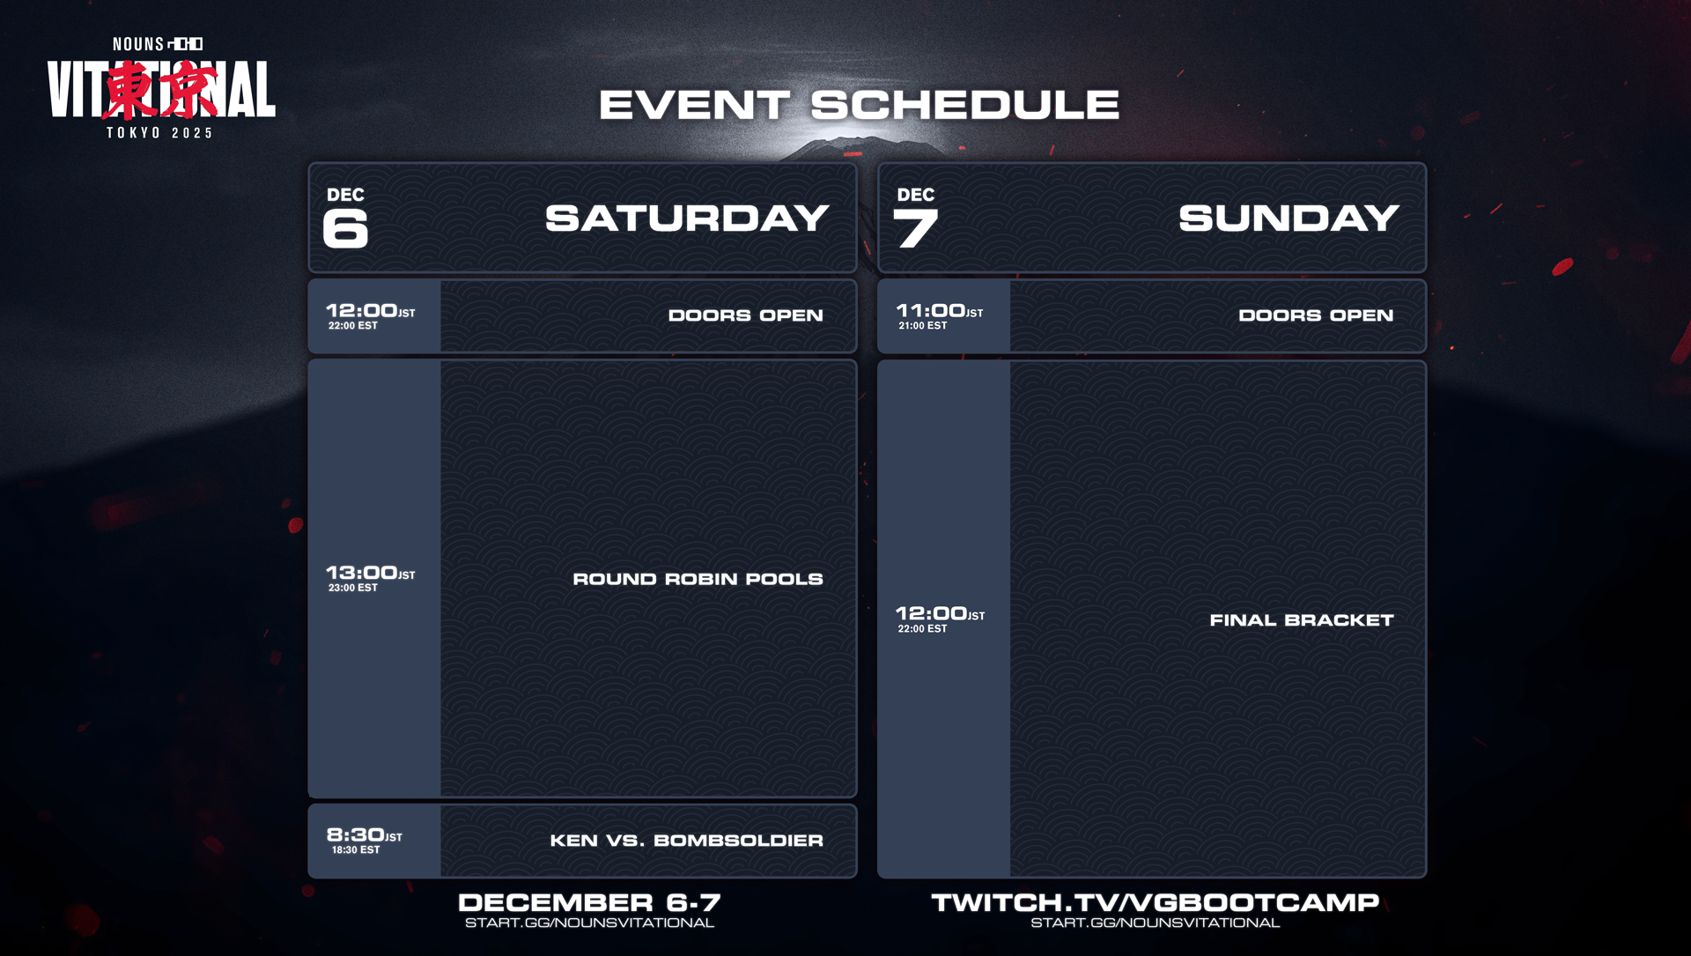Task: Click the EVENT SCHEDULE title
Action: pyautogui.click(x=859, y=105)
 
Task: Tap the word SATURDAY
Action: pyautogui.click(x=687, y=219)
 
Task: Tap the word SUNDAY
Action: pyautogui.click(x=1289, y=219)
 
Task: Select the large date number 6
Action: pyautogui.click(x=345, y=228)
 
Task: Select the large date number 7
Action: pyautogui.click(x=916, y=228)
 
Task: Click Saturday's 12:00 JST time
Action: pyautogui.click(x=370, y=311)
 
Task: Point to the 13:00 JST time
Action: pyautogui.click(x=370, y=573)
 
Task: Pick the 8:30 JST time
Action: pyautogui.click(x=364, y=834)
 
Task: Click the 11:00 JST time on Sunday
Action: pyautogui.click(x=940, y=311)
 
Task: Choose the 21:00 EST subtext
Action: pyautogui.click(x=923, y=326)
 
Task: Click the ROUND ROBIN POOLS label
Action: pyautogui.click(x=698, y=579)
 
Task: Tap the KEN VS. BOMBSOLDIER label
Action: pyautogui.click(x=687, y=841)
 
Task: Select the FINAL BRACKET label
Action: pyautogui.click(x=1302, y=620)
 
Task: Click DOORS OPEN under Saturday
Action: pyautogui.click(x=746, y=315)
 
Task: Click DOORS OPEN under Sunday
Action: pyautogui.click(x=1316, y=315)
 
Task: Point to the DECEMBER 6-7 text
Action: pyautogui.click(x=589, y=902)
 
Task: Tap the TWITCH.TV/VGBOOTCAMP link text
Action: pyautogui.click(x=1156, y=902)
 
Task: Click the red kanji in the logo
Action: pyautogui.click(x=161, y=89)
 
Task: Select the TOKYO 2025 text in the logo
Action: pyautogui.click(x=160, y=133)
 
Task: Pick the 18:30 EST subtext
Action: pyautogui.click(x=356, y=850)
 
